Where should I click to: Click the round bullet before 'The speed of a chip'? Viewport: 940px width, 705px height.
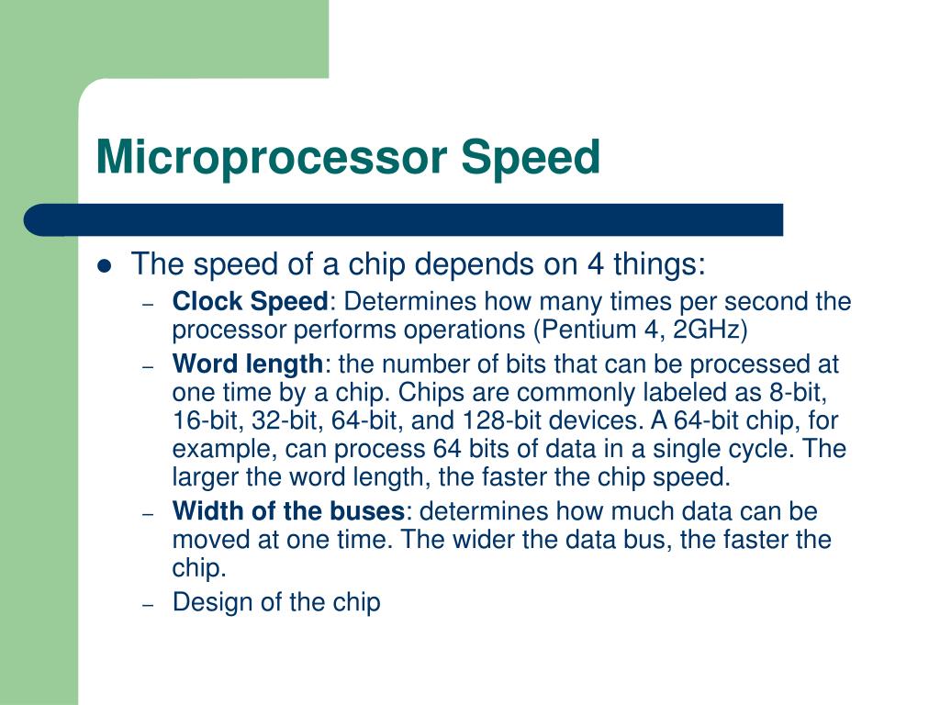pyautogui.click(x=105, y=267)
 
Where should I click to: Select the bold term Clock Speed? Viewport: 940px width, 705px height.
pyautogui.click(x=250, y=301)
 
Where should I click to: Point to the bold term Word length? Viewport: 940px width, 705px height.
pyautogui.click(x=247, y=364)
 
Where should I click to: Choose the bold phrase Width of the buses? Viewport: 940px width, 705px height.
pyautogui.click(x=288, y=511)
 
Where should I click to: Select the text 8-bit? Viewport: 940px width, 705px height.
pyautogui.click(x=799, y=393)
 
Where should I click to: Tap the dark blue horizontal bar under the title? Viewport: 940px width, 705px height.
pyautogui.click(x=404, y=219)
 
